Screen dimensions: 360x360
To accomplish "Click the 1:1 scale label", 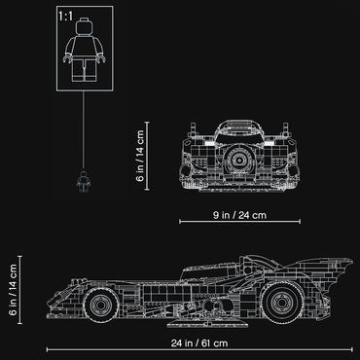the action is point(66,17).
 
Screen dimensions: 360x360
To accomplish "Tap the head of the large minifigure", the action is point(85,26).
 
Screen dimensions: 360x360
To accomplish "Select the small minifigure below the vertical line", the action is point(84,182).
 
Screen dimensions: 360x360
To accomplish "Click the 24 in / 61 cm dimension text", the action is point(199,342).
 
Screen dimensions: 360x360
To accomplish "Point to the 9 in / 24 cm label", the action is point(239,215).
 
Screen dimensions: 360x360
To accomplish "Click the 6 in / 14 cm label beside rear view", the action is point(140,156).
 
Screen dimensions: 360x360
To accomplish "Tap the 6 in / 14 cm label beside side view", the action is point(13,290).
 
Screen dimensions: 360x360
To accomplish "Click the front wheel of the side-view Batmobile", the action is point(101,305).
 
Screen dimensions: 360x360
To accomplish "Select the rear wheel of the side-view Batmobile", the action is point(283,303).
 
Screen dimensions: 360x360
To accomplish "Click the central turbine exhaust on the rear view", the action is point(239,160).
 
